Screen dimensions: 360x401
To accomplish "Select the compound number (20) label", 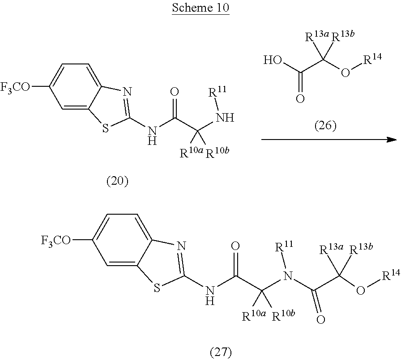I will (x=117, y=181).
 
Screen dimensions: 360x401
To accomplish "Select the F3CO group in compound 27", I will (x=55, y=241).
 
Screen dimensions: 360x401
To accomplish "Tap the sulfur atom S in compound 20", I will (x=106, y=128).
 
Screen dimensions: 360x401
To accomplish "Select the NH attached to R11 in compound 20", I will (x=226, y=118).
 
